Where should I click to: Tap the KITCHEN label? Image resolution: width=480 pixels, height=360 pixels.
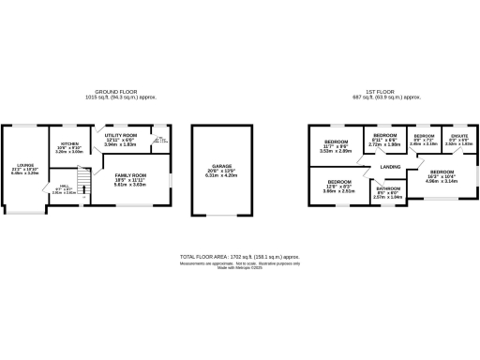click(x=69, y=143)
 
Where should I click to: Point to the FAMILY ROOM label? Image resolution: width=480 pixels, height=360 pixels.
click(x=130, y=175)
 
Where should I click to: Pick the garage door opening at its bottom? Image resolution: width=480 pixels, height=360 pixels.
click(x=221, y=216)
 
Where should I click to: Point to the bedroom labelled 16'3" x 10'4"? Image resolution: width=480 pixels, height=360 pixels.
click(x=444, y=172)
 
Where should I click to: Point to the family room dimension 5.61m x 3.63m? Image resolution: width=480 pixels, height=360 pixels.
click(x=130, y=185)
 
